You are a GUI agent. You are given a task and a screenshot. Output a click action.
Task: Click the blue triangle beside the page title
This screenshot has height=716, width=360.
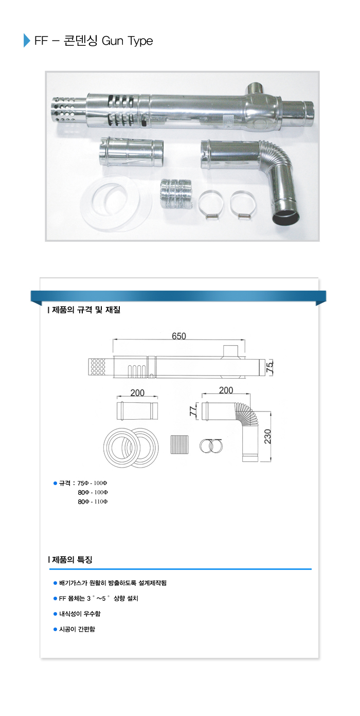click(x=27, y=40)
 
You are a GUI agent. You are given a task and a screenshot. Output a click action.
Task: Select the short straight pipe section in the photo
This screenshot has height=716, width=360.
click(x=132, y=151)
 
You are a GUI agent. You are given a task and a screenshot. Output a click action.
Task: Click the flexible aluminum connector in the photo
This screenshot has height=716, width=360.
click(x=176, y=194)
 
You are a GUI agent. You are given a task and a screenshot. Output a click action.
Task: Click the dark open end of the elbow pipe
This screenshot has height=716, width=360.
click(x=286, y=218)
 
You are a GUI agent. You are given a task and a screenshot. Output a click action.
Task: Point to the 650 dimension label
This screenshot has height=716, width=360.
click(x=179, y=336)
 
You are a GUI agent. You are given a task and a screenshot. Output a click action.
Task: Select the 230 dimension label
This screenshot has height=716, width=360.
click(x=267, y=436)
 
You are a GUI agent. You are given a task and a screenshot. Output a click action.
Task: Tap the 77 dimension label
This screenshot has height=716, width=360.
click(x=193, y=411)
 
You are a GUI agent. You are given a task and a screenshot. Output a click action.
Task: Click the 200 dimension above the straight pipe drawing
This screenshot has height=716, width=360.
click(x=137, y=392)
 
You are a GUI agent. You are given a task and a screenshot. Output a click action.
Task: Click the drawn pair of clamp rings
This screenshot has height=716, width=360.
click(x=211, y=445)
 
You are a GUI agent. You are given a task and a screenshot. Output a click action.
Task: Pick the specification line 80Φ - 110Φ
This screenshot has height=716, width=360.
click(x=93, y=502)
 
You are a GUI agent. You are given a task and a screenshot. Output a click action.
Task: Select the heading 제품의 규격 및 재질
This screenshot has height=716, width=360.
click(x=84, y=310)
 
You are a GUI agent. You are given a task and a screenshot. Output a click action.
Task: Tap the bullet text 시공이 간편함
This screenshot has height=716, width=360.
click(x=77, y=629)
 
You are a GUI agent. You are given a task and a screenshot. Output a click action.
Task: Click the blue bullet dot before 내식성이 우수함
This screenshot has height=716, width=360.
click(x=56, y=614)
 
